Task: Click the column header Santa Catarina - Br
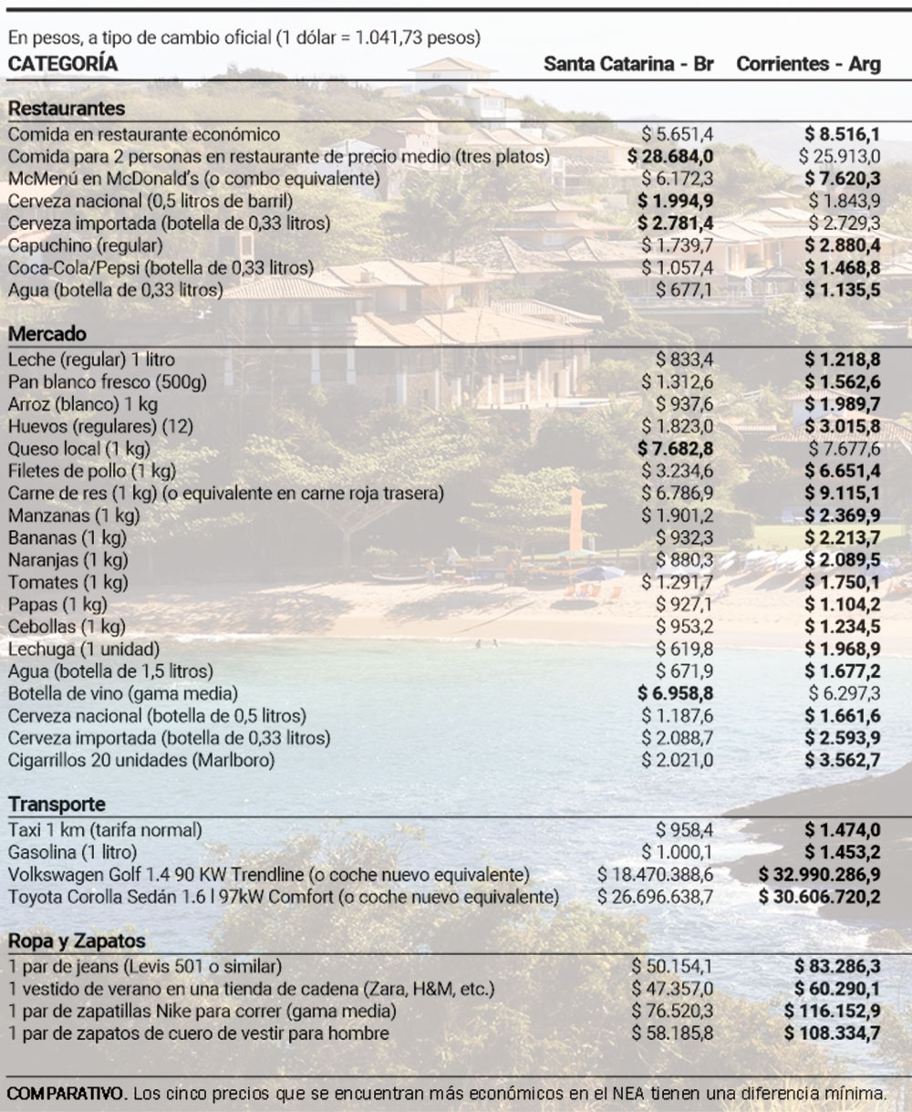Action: [x=628, y=64]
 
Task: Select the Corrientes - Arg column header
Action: [x=808, y=64]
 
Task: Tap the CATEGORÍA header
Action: [x=63, y=64]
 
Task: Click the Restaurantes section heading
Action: [x=67, y=109]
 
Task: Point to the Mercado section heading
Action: [x=47, y=334]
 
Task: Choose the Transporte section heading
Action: [x=57, y=805]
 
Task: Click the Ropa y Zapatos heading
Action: [x=77, y=941]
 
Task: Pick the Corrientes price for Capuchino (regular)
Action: [x=842, y=245]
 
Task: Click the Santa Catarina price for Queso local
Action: [x=675, y=449]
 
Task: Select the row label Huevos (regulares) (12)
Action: [x=100, y=426]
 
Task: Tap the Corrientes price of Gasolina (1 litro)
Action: [x=842, y=852]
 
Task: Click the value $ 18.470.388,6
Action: [x=655, y=875]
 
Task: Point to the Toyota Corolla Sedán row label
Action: [x=283, y=897]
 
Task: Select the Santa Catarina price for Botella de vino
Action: [x=675, y=693]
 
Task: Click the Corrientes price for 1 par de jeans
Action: [x=836, y=966]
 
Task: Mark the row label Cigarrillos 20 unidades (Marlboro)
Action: [x=141, y=760]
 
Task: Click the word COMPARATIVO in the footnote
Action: [x=65, y=1093]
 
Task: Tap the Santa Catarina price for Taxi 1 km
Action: [x=684, y=830]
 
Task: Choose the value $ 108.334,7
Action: [x=832, y=1034]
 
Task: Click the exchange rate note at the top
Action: [x=244, y=38]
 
